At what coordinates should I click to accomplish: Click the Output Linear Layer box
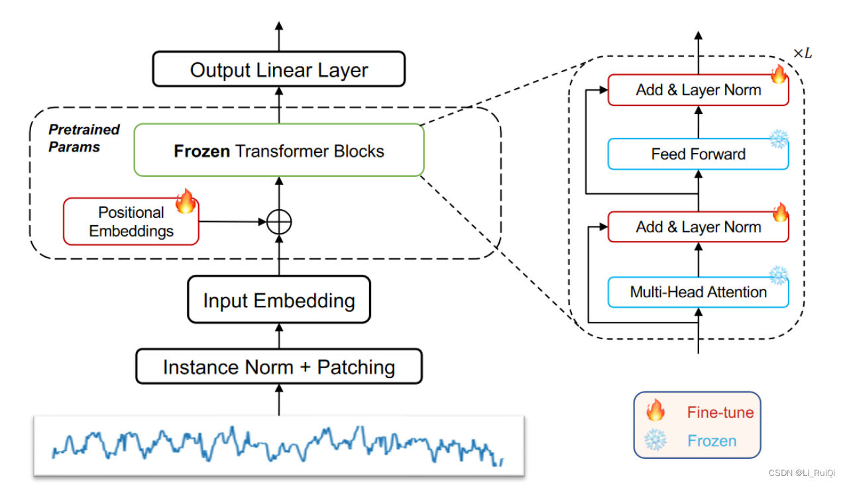278,70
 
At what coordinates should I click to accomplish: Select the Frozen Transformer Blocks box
278,150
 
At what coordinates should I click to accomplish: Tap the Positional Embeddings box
131,222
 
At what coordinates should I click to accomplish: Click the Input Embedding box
278,301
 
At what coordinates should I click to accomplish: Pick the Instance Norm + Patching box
278,367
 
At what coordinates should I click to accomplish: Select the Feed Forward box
698,154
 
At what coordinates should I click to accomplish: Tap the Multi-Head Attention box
698,292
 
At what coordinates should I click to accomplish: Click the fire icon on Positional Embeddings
186,201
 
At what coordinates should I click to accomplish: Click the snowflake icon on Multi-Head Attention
778,275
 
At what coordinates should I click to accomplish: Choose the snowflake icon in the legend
655,440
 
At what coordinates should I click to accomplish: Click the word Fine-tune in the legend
720,412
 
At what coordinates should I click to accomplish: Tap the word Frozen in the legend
711,440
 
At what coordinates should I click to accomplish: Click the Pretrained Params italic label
84,138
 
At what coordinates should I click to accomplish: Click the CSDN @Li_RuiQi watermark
802,473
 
